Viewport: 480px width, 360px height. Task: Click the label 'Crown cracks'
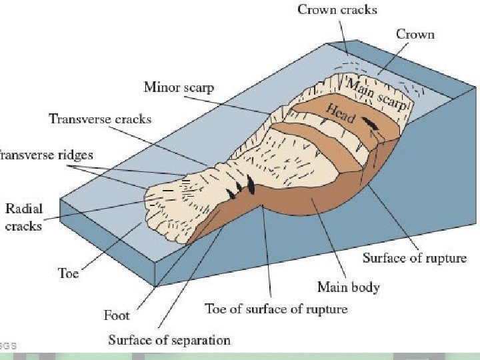coord(337,9)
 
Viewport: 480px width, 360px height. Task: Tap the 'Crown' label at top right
coord(416,33)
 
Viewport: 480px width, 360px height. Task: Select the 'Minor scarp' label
coord(179,87)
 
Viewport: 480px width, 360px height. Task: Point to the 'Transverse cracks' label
coord(100,119)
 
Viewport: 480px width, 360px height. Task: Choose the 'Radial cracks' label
coord(23,217)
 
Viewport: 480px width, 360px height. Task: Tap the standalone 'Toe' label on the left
coord(68,273)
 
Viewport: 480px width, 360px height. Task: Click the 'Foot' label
coord(117,313)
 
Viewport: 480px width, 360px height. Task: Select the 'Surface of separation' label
coord(169,340)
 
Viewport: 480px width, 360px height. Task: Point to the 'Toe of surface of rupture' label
coord(275,309)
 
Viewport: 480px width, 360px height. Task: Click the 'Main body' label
coord(348,287)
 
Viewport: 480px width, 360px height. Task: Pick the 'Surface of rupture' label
coord(414,257)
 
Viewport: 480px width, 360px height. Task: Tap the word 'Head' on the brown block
coord(340,115)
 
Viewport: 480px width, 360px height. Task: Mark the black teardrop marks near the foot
coord(241,187)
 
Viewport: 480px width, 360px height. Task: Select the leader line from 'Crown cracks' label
coord(343,33)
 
